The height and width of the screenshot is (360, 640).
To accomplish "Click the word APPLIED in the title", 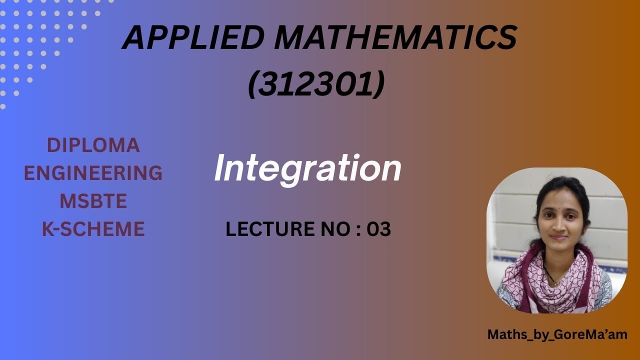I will (x=193, y=37).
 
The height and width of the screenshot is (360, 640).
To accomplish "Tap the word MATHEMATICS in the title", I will (x=395, y=37).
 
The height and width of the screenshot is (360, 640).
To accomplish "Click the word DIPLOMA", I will (x=93, y=145).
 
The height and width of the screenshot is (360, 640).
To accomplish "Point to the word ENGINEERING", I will (x=93, y=173).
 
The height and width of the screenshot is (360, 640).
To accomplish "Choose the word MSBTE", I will (x=93, y=201).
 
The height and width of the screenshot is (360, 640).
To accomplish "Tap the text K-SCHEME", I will (x=93, y=229).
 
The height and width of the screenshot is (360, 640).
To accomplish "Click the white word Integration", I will (x=307, y=168).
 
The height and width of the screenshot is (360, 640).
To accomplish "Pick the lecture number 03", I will (x=379, y=229).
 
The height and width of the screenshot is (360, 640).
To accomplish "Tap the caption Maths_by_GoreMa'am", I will (x=557, y=334).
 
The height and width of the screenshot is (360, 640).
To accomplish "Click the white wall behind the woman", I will (x=607, y=210).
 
